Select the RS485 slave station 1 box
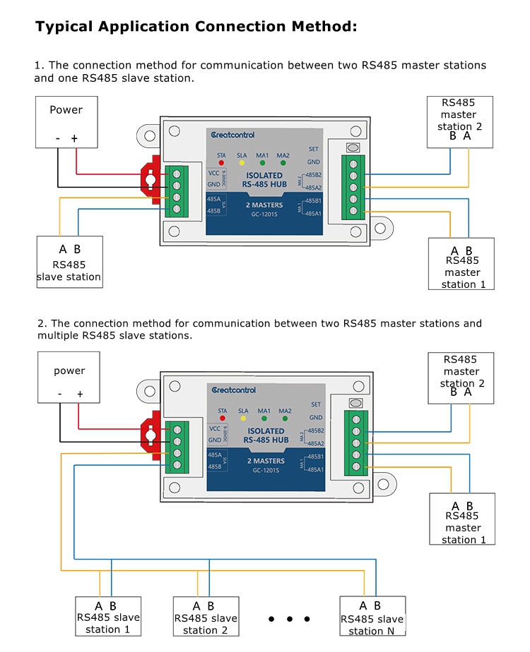coord(107,617)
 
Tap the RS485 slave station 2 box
coord(205,617)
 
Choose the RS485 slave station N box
coord(372,617)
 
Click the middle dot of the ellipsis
coord(290,619)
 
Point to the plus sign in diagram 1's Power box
coord(74,138)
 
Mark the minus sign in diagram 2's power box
coord(60,394)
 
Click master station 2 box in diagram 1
coord(460,121)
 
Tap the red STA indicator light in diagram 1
coord(221,163)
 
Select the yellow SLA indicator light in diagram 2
coord(243,418)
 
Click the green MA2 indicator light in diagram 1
coord(283,163)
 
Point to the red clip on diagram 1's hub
coord(151,180)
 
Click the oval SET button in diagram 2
coord(356,403)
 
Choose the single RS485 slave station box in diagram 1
coord(69,262)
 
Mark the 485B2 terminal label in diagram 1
coord(314,174)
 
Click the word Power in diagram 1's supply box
coord(66,109)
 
